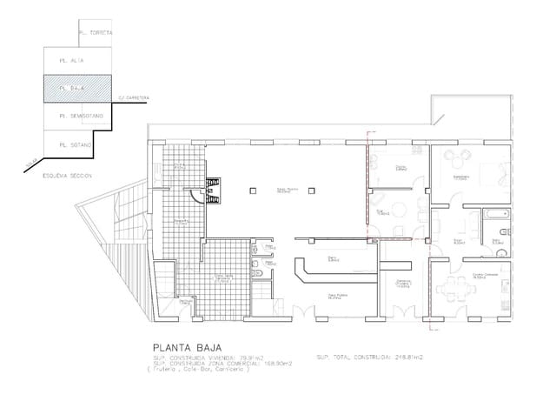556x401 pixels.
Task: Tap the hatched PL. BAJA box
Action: pyautogui.click(x=79, y=89)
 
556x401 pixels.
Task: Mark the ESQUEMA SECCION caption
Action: pyautogui.click(x=67, y=175)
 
